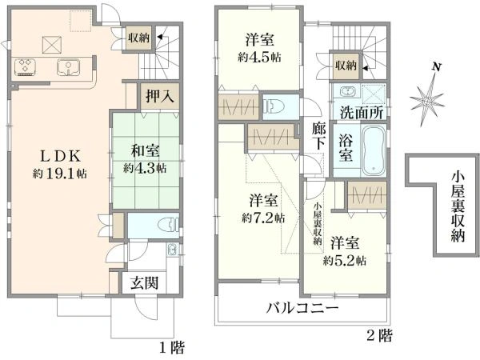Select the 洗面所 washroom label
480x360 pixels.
coord(360,112)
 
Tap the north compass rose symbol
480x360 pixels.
coord(430,100)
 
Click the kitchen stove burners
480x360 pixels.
coord(25,66)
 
